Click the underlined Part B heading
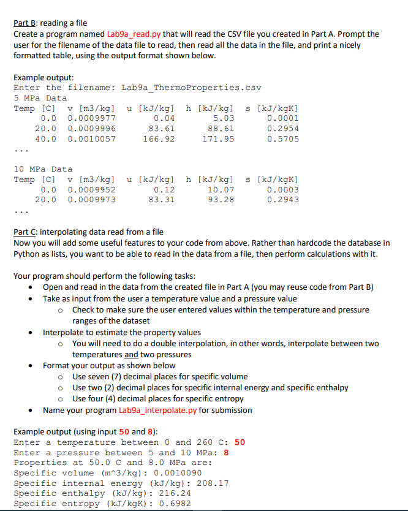point(26,23)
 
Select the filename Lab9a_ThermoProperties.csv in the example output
point(192,88)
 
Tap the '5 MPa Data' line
point(40,98)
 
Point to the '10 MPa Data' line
point(43,168)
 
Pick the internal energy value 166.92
point(162,139)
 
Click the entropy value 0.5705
point(283,139)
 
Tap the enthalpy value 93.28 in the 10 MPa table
point(221,199)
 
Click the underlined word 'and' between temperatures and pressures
point(131,354)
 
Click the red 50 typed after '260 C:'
point(240,442)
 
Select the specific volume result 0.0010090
point(175,473)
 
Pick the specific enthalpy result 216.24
point(175,493)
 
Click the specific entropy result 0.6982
point(175,504)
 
